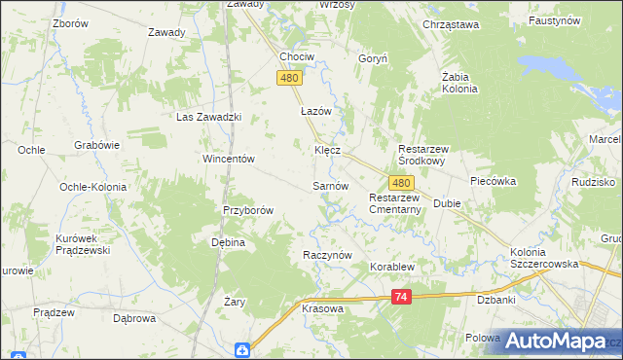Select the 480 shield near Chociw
[288, 78]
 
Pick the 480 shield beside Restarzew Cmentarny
[401, 182]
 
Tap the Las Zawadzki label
[208, 117]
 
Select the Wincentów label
[228, 159]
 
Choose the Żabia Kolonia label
[459, 82]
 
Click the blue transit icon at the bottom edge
[243, 351]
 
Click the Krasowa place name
[323, 307]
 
